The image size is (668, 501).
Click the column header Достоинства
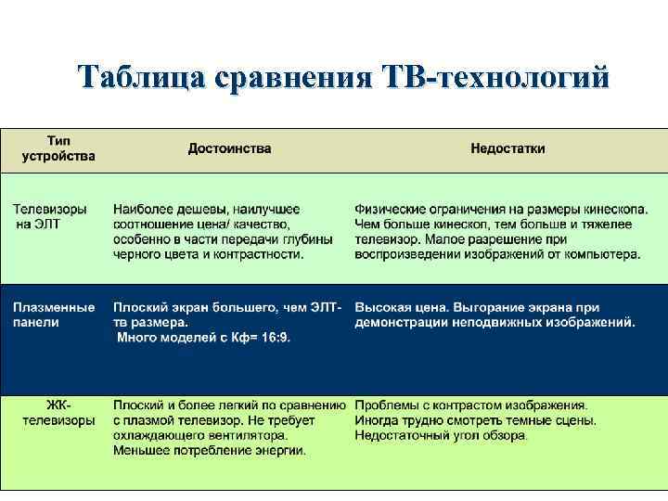230,148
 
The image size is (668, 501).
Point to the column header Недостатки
507,148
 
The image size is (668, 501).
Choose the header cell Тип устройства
58,148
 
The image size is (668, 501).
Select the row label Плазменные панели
54,315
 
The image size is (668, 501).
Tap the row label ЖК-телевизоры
58,413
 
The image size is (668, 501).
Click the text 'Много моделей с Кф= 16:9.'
203,338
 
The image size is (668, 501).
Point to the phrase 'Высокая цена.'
396,307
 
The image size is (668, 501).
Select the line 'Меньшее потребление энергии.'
210,451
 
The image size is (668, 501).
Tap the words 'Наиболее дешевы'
171,209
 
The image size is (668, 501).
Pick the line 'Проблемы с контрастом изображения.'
471,405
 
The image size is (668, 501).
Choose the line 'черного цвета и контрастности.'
209,253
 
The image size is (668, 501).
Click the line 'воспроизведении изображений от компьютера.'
497,253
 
